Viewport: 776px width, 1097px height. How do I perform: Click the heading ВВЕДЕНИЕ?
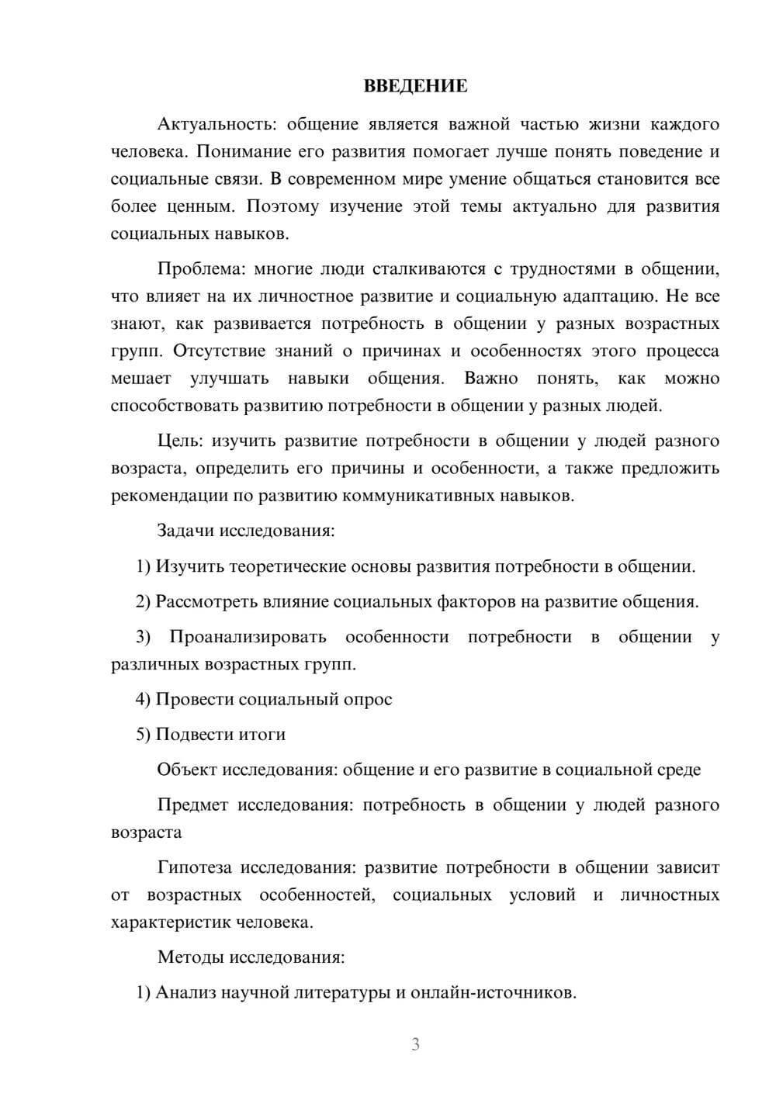[x=415, y=86]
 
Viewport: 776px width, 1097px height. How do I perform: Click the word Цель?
[x=179, y=441]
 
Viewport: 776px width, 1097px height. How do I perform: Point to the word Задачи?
[x=185, y=531]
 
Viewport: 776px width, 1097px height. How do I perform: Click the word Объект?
[x=187, y=770]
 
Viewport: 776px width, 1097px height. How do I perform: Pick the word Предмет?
[x=192, y=805]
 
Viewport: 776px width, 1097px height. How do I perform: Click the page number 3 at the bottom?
[x=415, y=1044]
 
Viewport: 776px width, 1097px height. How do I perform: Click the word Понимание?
[x=240, y=151]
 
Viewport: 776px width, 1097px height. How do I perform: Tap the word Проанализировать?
[x=248, y=637]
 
